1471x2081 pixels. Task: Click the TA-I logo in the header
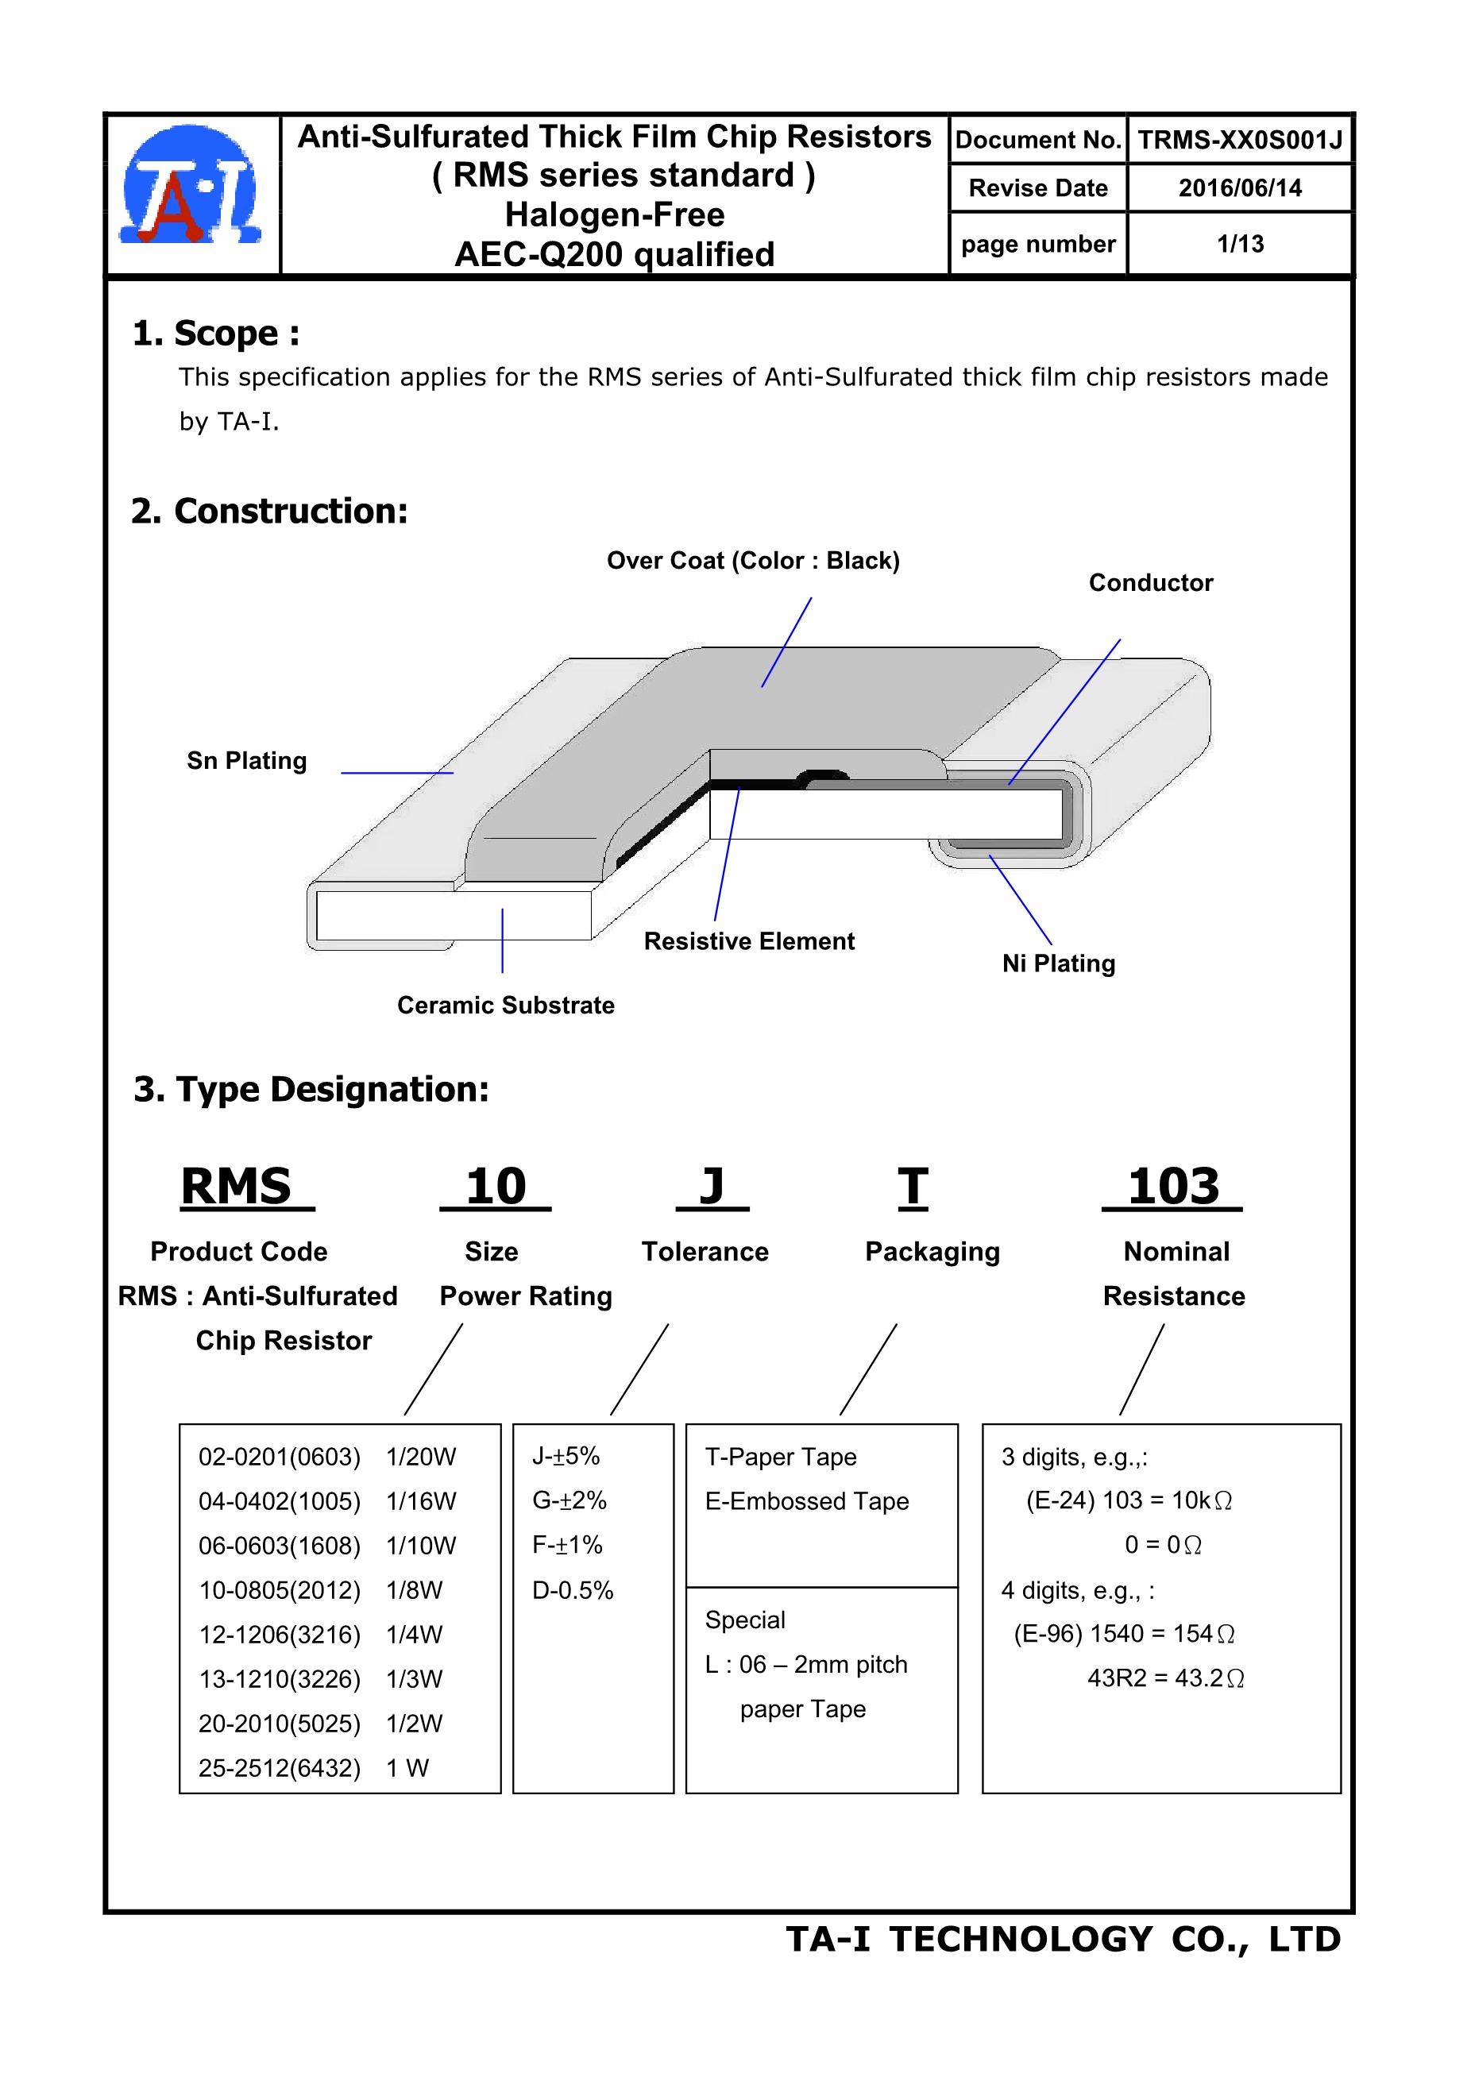click(x=191, y=187)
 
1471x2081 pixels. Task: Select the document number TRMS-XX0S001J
click(x=1239, y=141)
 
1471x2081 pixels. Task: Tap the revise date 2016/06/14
click(x=1239, y=188)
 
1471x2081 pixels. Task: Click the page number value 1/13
click(x=1239, y=244)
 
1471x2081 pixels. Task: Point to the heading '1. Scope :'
click(x=216, y=334)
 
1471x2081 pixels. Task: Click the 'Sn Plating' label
click(x=246, y=760)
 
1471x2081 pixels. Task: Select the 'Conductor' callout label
click(x=1150, y=583)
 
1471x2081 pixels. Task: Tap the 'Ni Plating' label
click(x=1058, y=963)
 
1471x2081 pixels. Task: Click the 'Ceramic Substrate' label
click(x=506, y=1005)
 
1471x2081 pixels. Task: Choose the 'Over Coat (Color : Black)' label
click(x=753, y=561)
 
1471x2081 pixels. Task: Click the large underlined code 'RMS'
click(x=237, y=1187)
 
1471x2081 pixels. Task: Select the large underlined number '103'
click(x=1173, y=1187)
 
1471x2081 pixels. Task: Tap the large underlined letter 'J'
click(x=712, y=1187)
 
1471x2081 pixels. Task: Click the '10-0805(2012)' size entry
click(x=279, y=1590)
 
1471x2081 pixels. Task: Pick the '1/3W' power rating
click(x=414, y=1678)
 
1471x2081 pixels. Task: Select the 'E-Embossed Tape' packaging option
click(x=807, y=1501)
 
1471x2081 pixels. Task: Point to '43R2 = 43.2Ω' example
click(x=1165, y=1678)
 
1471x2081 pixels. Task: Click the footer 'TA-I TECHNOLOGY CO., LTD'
click(x=1062, y=1939)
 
